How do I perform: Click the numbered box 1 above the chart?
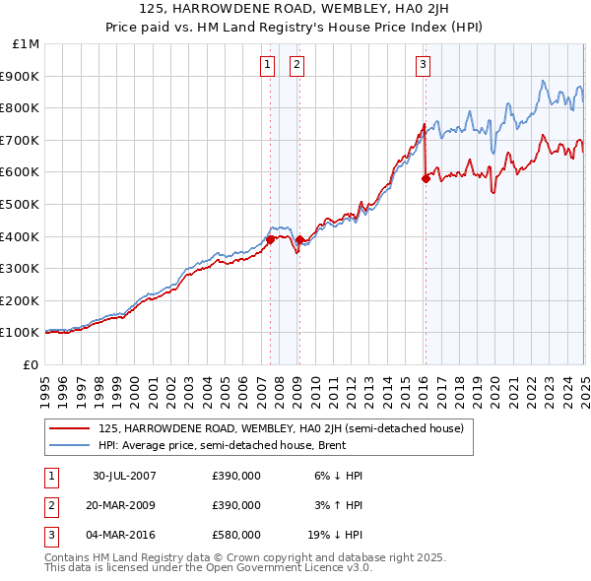(x=267, y=66)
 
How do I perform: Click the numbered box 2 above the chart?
(x=296, y=66)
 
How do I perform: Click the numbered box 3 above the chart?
(x=423, y=66)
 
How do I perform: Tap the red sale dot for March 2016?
(x=426, y=178)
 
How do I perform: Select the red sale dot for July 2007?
(x=270, y=239)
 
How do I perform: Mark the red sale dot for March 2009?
(x=299, y=239)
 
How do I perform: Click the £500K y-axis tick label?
(x=22, y=204)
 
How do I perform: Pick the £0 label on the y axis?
(x=32, y=364)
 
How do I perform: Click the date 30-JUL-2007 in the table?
(x=125, y=475)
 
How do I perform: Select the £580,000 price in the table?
(x=236, y=536)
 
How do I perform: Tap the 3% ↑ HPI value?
(x=340, y=505)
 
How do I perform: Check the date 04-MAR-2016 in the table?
(x=125, y=536)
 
